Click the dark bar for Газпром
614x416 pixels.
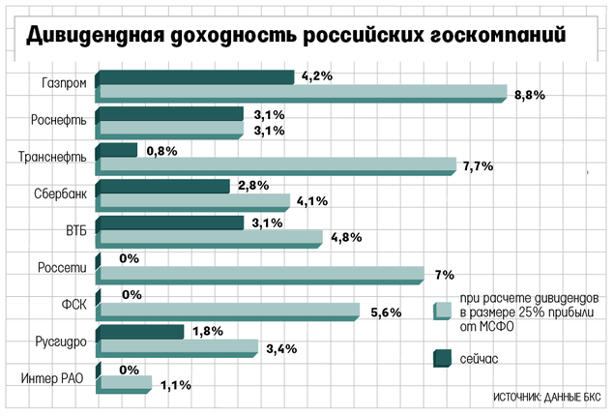tap(194, 76)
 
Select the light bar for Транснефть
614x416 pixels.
tap(275, 164)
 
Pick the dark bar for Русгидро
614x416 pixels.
tap(140, 332)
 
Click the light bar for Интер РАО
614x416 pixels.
tap(123, 383)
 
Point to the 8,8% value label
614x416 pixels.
tap(531, 95)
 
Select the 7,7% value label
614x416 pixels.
tap(479, 166)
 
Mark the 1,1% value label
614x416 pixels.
tap(175, 385)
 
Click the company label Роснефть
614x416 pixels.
tap(62, 120)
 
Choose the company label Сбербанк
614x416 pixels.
tap(61, 193)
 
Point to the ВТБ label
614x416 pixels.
tap(74, 229)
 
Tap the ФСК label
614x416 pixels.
tap(74, 302)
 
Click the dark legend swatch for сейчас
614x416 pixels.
tap(443, 359)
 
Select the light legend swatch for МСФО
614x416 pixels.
tap(443, 310)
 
